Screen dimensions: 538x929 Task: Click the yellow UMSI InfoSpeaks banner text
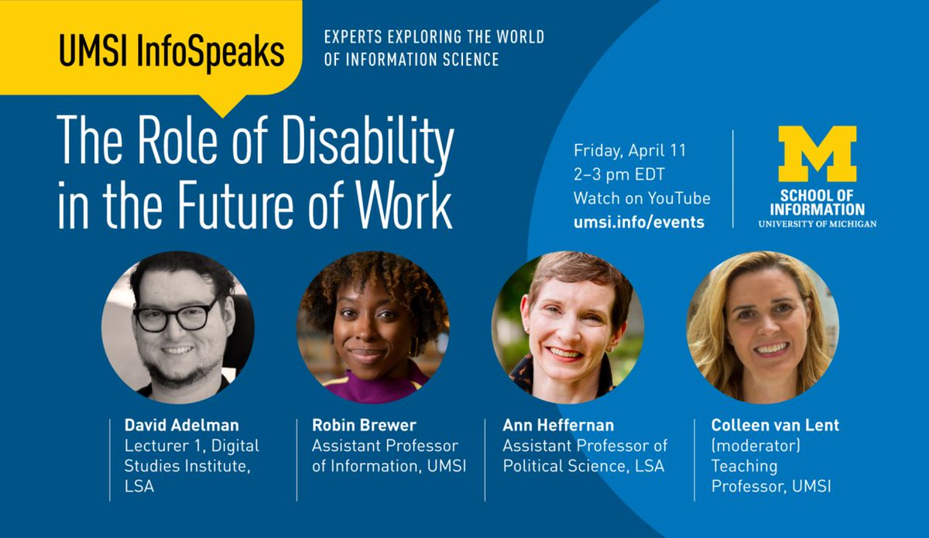[x=171, y=52]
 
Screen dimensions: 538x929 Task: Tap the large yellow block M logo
[x=817, y=154]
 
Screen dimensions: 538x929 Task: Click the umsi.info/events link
[x=639, y=222]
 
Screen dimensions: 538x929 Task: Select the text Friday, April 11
[x=629, y=150]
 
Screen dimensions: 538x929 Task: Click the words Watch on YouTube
[x=642, y=198]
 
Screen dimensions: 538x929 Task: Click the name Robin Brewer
[x=364, y=426]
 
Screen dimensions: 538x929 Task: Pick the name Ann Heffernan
[x=557, y=426]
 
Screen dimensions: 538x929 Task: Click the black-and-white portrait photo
[x=177, y=327]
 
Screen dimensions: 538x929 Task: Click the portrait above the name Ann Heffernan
[x=567, y=327]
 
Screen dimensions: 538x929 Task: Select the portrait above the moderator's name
[x=763, y=327]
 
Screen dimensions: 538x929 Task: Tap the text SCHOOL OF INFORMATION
[x=817, y=203]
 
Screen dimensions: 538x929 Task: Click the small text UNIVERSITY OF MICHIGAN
[x=817, y=224]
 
